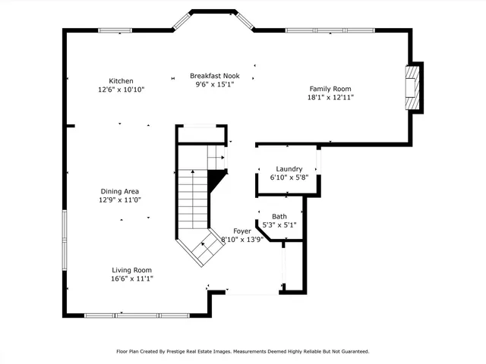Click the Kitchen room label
(121, 81)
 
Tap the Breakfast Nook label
(215, 76)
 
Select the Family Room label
(330, 88)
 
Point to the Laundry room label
(289, 169)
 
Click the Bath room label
(279, 216)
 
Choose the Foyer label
(242, 231)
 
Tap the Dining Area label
(121, 191)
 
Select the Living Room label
(132, 270)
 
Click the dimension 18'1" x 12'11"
(330, 97)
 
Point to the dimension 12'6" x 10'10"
(121, 89)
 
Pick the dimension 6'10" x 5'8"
(289, 177)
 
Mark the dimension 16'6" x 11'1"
(132, 278)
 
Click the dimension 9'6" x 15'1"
(215, 85)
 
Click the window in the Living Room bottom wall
(137, 315)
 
